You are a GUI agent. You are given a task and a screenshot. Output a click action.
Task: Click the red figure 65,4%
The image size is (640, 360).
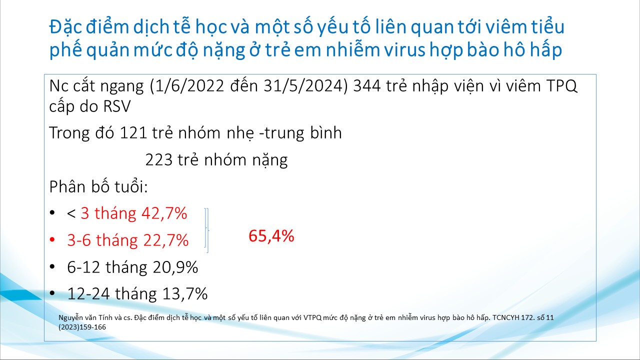pyautogui.click(x=271, y=236)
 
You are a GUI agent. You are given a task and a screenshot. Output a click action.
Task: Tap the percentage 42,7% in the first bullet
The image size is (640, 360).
pyautogui.click(x=164, y=213)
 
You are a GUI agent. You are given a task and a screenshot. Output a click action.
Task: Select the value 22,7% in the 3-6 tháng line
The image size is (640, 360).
pyautogui.click(x=165, y=240)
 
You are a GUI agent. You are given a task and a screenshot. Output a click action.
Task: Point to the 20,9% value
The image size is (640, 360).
pyautogui.click(x=175, y=267)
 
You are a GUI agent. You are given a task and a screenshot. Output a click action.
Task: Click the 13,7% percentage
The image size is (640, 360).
pyautogui.click(x=185, y=293)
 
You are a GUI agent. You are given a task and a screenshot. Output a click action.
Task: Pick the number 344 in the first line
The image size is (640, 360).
pyautogui.click(x=367, y=85)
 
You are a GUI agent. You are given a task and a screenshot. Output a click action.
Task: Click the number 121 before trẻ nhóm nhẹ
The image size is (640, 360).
pyautogui.click(x=133, y=133)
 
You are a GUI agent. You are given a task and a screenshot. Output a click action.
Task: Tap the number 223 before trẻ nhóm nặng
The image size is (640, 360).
pyautogui.click(x=159, y=159)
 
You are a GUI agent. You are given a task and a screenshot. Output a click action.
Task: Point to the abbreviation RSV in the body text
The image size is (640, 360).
pyautogui.click(x=117, y=106)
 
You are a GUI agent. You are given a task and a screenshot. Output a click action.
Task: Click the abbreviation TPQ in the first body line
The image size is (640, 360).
pyautogui.click(x=561, y=86)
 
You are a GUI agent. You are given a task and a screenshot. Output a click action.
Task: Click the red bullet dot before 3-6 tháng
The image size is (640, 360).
pyautogui.click(x=52, y=239)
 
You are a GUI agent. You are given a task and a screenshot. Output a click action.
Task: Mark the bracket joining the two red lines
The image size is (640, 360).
pyautogui.click(x=207, y=230)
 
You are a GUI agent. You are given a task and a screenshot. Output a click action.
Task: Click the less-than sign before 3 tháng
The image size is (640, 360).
pyautogui.click(x=71, y=213)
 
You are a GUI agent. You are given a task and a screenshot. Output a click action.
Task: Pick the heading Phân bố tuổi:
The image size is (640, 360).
pyautogui.click(x=98, y=187)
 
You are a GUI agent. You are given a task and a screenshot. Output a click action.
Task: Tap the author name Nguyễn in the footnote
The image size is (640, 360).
pyautogui.click(x=71, y=318)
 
